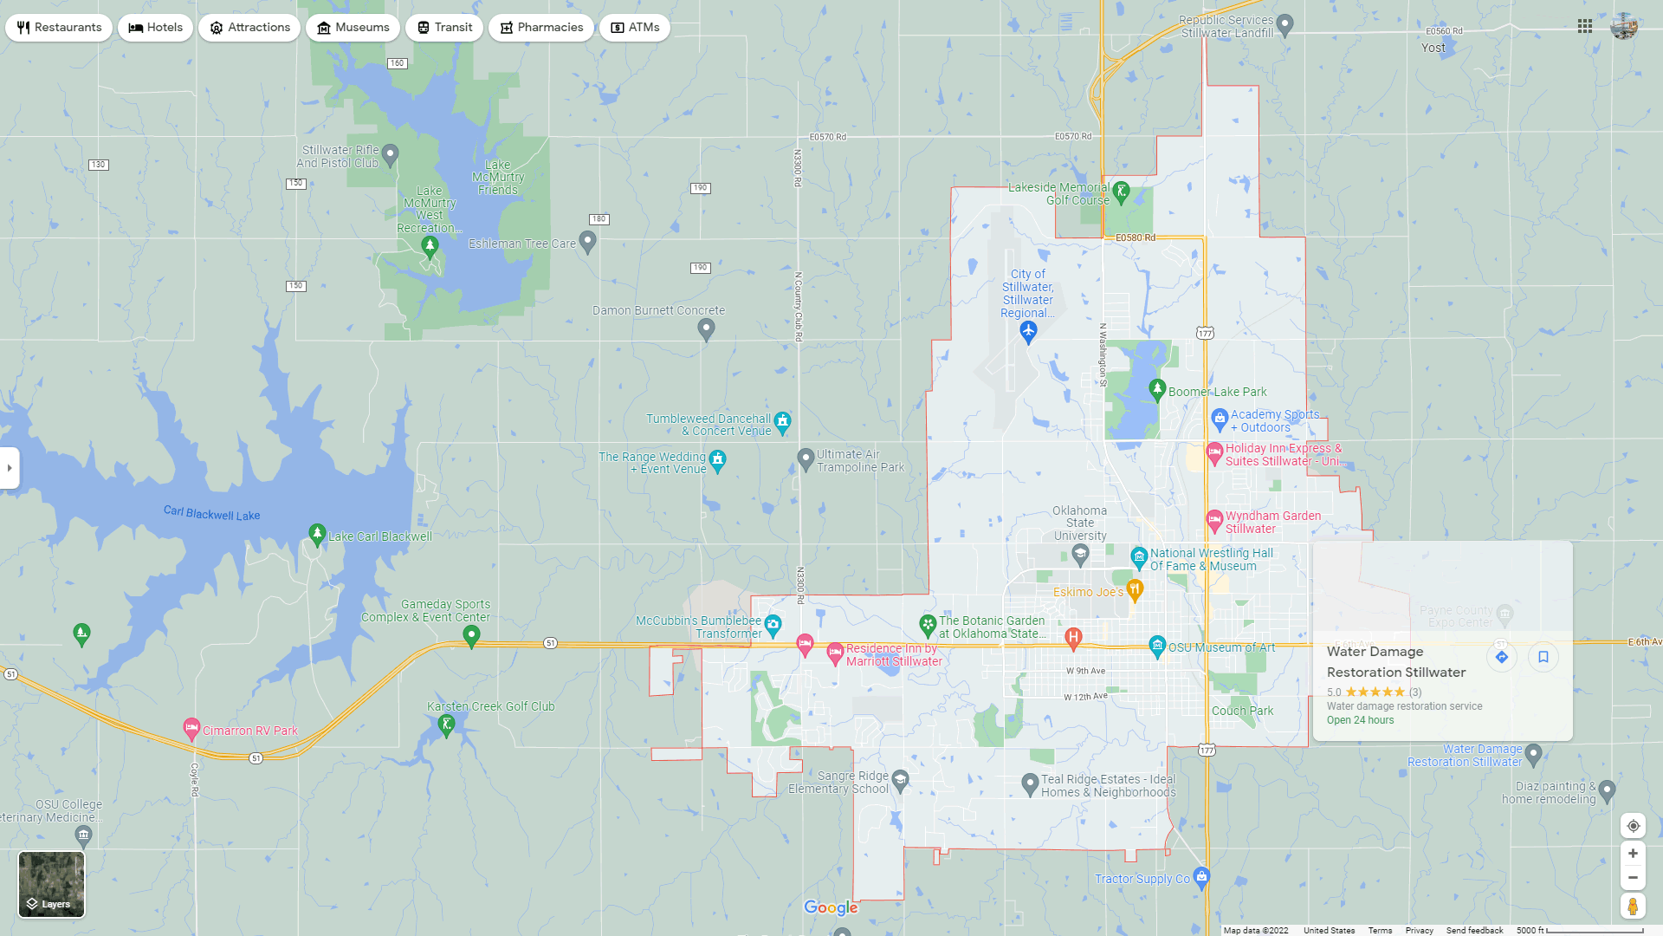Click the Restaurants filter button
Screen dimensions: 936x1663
[x=59, y=28]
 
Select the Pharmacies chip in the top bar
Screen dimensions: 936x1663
[x=541, y=28]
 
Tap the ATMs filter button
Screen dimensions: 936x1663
[x=635, y=28]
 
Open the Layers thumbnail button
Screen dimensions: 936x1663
[x=52, y=884]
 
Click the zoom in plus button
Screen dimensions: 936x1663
[x=1633, y=854]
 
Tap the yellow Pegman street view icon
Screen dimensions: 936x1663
[x=1633, y=907]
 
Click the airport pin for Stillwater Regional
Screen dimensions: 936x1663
[x=1028, y=331]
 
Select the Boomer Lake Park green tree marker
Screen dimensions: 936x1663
[x=1157, y=389]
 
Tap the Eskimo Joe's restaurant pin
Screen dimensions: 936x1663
[x=1135, y=590]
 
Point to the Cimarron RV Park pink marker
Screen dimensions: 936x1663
[x=191, y=729]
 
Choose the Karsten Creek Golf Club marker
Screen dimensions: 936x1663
[x=447, y=725]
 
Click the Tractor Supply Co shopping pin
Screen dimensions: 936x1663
[x=1201, y=877]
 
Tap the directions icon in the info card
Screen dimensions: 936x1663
[x=1502, y=657]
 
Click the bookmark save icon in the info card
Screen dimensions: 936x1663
[x=1543, y=657]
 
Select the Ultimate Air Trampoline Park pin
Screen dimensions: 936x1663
[x=806, y=458]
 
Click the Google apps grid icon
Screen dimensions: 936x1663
[x=1585, y=26]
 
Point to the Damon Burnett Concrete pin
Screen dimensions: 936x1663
[x=706, y=328]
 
